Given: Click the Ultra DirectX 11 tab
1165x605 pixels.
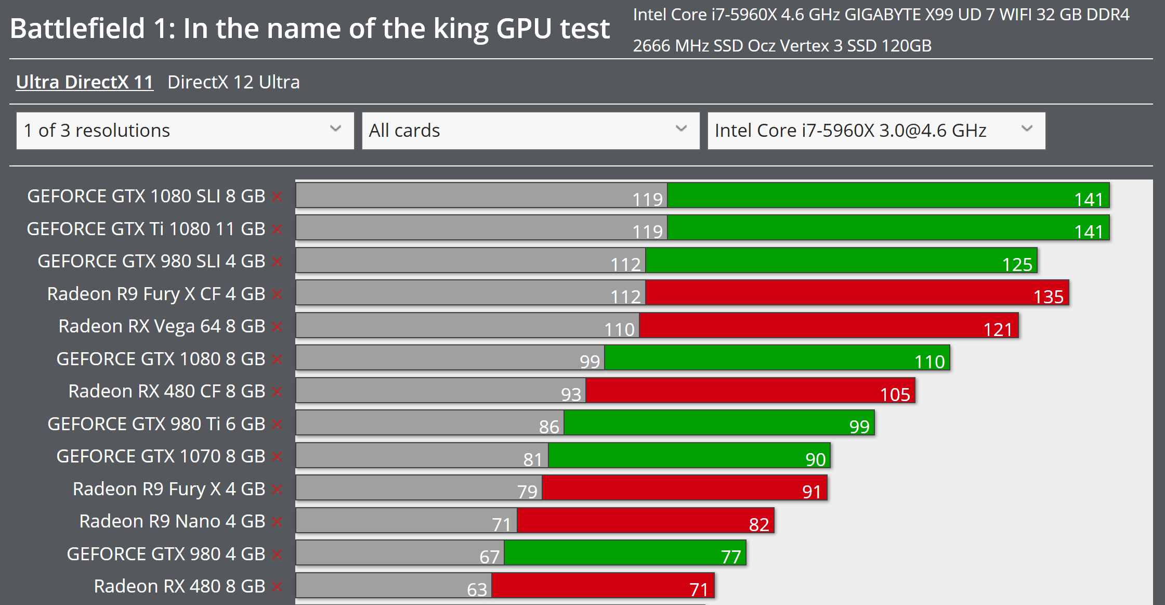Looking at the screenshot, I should tap(85, 82).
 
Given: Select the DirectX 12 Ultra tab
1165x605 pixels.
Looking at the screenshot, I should tap(233, 82).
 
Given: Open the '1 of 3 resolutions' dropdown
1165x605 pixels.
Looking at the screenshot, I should tap(185, 131).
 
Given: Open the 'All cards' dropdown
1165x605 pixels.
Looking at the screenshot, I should tap(531, 131).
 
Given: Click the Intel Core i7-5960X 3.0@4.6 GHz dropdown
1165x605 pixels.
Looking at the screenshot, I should tap(876, 131).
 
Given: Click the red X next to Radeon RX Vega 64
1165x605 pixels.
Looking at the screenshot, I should tap(277, 327).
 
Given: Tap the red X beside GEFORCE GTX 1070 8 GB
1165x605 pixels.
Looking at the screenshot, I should tap(277, 457).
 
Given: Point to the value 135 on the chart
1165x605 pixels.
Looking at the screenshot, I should tap(1049, 297).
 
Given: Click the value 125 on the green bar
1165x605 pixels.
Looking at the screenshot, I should tap(1017, 265).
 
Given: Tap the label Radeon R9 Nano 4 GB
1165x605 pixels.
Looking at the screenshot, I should tap(172, 521).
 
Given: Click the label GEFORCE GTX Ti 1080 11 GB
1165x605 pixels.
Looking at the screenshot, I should tap(146, 229).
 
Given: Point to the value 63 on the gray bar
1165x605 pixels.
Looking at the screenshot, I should tap(477, 589).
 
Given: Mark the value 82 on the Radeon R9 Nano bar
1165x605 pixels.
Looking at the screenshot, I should tap(759, 524).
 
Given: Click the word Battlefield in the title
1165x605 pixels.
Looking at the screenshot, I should tap(77, 29).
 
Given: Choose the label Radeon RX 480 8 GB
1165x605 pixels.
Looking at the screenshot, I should tap(179, 586).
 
